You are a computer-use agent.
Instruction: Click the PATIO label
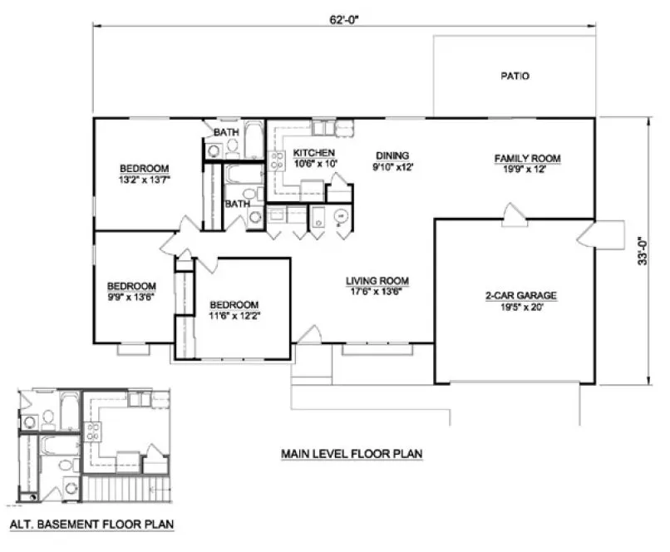pos(515,76)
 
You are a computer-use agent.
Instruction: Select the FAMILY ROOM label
pos(528,158)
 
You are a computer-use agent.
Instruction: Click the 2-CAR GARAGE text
pos(520,295)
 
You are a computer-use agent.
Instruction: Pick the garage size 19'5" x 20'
pos(520,307)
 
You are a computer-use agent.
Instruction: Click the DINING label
pos(392,155)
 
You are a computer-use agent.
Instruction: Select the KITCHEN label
pos(313,153)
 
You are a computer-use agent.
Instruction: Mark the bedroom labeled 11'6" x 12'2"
pos(234,310)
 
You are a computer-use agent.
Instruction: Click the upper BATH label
pos(227,133)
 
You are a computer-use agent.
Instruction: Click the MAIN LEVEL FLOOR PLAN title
pos(352,454)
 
